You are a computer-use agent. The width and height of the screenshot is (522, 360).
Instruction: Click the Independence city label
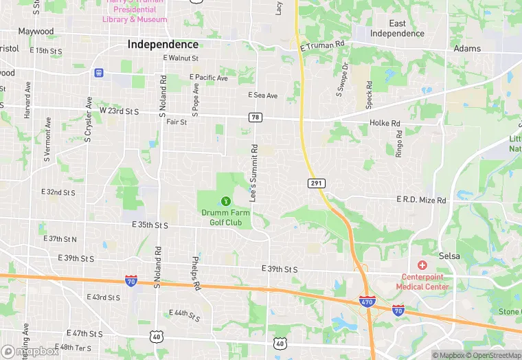point(163,45)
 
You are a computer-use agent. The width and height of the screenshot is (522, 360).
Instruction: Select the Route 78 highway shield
point(256,118)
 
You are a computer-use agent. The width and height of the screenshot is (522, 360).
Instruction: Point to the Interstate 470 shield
point(367,302)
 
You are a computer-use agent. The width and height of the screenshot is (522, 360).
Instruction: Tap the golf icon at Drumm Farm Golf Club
point(225,201)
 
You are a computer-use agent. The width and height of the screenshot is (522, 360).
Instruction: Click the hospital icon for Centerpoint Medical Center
point(422,265)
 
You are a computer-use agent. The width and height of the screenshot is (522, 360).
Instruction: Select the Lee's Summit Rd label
point(254,172)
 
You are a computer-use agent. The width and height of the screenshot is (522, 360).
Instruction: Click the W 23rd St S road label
point(119,111)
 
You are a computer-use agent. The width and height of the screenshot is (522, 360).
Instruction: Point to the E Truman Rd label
point(323,46)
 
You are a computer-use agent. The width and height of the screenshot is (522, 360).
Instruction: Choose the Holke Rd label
point(385,124)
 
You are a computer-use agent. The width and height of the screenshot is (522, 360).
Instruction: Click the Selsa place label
point(449,256)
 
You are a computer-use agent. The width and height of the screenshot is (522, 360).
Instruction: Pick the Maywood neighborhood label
point(36,32)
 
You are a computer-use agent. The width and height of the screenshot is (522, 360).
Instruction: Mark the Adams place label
point(467,49)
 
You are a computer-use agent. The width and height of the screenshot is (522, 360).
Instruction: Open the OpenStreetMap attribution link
point(491,355)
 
